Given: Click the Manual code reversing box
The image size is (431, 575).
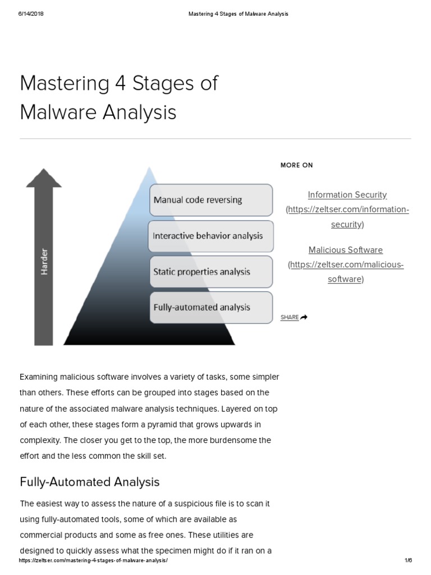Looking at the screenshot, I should [211, 200].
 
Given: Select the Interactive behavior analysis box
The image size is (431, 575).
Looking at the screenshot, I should [211, 236].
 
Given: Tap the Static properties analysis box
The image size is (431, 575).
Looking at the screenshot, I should [211, 272].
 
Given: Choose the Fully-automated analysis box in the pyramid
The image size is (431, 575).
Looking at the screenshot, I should [211, 307].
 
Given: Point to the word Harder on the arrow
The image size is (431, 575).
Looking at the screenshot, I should [44, 262].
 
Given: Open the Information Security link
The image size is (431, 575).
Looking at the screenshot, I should [347, 195].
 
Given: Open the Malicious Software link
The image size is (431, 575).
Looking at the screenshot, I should [346, 250].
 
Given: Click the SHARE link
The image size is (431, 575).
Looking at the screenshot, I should [290, 317].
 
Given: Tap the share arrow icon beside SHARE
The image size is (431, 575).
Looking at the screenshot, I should [304, 317].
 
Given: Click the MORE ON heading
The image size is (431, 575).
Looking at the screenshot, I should [297, 165].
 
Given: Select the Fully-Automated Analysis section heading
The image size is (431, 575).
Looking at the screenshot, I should [90, 482].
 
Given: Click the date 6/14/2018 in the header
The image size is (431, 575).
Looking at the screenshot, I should [31, 14].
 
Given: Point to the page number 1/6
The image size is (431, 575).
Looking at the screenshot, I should [408, 560].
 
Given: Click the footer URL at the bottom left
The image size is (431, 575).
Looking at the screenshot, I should [93, 560].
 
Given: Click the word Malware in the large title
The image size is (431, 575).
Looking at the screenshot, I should [55, 112].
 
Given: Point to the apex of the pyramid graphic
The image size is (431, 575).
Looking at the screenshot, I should [149, 168].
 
